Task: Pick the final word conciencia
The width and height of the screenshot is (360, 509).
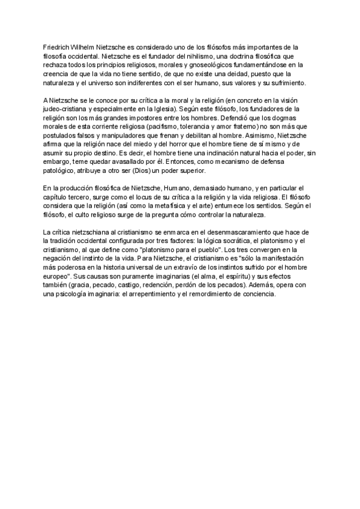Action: [259, 295]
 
